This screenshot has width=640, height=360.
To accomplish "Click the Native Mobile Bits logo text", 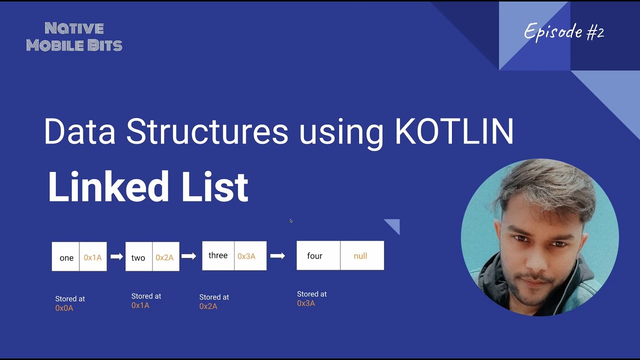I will pyautogui.click(x=74, y=36).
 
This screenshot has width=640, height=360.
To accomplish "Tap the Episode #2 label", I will pyautogui.click(x=564, y=32).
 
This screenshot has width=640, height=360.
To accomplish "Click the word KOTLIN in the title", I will pyautogui.click(x=454, y=132).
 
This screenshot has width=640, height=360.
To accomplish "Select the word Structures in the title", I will pyautogui.click(x=207, y=132).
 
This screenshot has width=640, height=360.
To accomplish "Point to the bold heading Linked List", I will pyautogui.click(x=148, y=187).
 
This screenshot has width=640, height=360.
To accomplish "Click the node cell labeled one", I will pyautogui.click(x=66, y=257).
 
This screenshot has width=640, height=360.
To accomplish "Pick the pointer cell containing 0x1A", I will pyautogui.click(x=93, y=257).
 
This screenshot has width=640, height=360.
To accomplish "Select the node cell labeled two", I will pyautogui.click(x=138, y=257).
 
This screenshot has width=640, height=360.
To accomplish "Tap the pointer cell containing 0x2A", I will pyautogui.click(x=165, y=257).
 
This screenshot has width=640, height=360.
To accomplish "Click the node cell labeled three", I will pyautogui.click(x=218, y=255).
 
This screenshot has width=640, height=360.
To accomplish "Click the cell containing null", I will pyautogui.click(x=361, y=255).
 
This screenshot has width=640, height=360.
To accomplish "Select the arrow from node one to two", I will pyautogui.click(x=116, y=256).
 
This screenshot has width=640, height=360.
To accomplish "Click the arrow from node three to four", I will pyautogui.click(x=277, y=256).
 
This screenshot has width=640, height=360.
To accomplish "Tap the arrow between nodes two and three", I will pyautogui.click(x=188, y=256).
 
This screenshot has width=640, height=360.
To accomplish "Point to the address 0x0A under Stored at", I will pyautogui.click(x=64, y=308).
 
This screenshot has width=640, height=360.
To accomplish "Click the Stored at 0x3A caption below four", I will pyautogui.click(x=311, y=298).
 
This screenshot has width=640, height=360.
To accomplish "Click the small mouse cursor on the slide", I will pyautogui.click(x=291, y=221).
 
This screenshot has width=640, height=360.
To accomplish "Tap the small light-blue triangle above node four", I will pyautogui.click(x=394, y=225).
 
